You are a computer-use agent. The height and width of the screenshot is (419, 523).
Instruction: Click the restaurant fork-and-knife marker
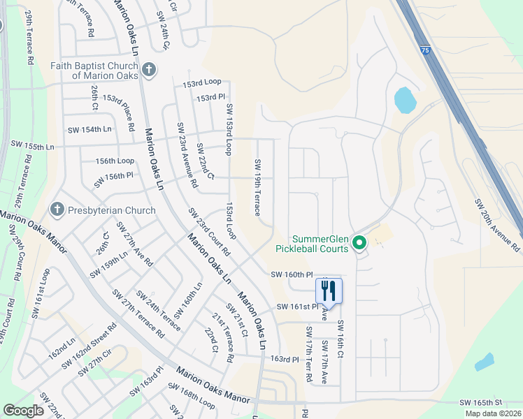[x=329, y=291]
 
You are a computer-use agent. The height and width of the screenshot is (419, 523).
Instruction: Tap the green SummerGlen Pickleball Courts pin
[x=359, y=243]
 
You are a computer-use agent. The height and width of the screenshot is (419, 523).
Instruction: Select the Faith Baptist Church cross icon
[x=148, y=69]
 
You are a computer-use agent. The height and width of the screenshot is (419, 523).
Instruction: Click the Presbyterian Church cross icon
[x=57, y=209]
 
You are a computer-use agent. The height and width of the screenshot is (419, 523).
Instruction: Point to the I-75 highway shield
[x=426, y=50]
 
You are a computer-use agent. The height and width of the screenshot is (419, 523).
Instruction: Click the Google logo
[x=23, y=411]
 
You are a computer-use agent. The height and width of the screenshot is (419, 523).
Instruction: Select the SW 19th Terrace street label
[x=258, y=187]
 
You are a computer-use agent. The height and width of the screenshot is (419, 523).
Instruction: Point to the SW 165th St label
[x=481, y=403]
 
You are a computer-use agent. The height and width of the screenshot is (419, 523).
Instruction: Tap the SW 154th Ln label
[x=89, y=130]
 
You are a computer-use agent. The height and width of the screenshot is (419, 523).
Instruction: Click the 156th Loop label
[x=115, y=161]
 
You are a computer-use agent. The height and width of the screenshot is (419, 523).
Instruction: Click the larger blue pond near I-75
[x=405, y=101]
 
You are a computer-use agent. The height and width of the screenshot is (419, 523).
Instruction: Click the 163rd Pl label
[x=285, y=359]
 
